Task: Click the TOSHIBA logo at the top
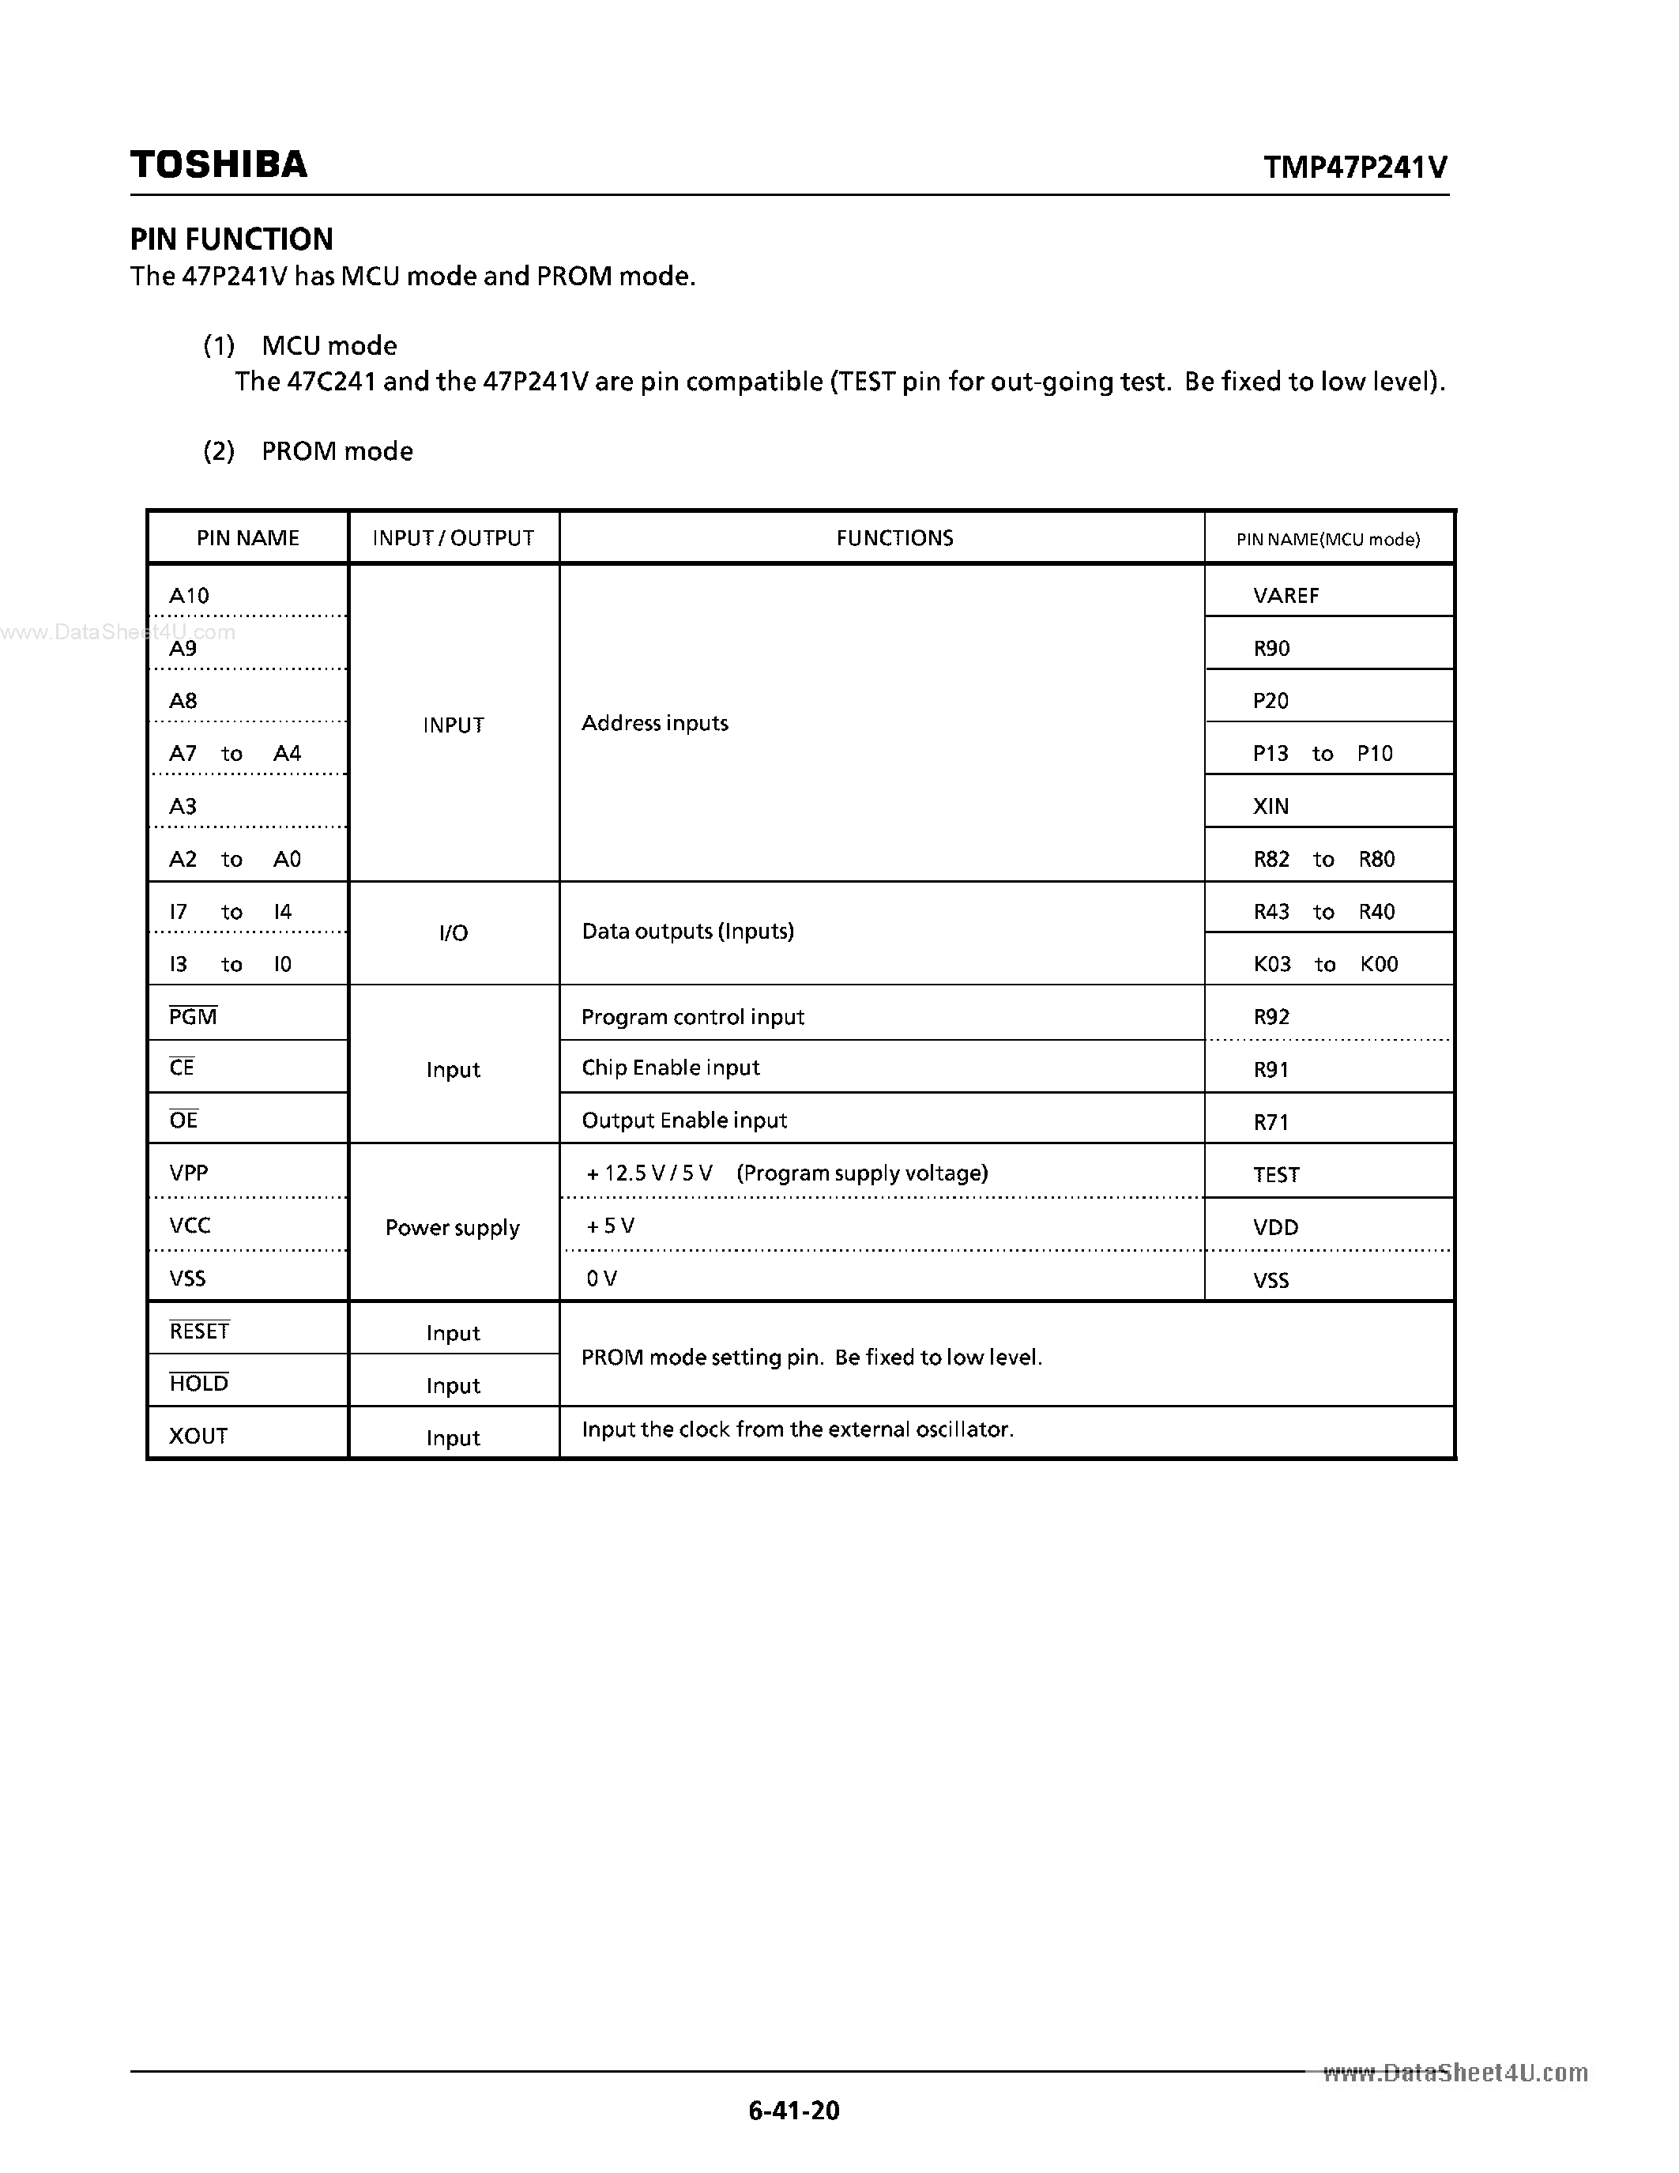pyautogui.click(x=219, y=165)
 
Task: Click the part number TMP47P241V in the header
pyautogui.click(x=1355, y=168)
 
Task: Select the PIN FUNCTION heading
pyautogui.click(x=232, y=239)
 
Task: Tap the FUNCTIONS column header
pyautogui.click(x=894, y=538)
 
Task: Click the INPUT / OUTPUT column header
pyautogui.click(x=453, y=538)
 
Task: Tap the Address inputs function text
pyautogui.click(x=654, y=723)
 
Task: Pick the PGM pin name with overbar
pyautogui.click(x=193, y=1016)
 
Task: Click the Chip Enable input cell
pyautogui.click(x=670, y=1068)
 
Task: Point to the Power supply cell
pyautogui.click(x=453, y=1228)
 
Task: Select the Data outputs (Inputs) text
pyautogui.click(x=687, y=932)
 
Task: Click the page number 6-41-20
pyautogui.click(x=794, y=2111)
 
